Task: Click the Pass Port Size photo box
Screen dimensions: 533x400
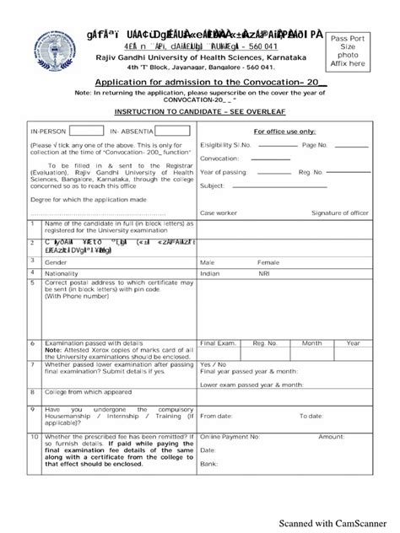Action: click(x=349, y=51)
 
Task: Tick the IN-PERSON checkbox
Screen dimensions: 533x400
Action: click(x=87, y=132)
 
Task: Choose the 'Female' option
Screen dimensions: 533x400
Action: click(x=268, y=262)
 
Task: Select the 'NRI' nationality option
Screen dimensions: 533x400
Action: click(x=264, y=274)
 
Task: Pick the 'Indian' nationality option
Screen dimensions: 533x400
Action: click(x=211, y=274)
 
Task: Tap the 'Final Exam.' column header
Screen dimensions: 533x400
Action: click(x=218, y=343)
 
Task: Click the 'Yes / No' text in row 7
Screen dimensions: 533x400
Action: click(x=212, y=363)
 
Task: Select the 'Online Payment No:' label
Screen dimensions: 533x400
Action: click(x=230, y=437)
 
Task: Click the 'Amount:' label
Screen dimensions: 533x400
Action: click(x=331, y=437)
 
